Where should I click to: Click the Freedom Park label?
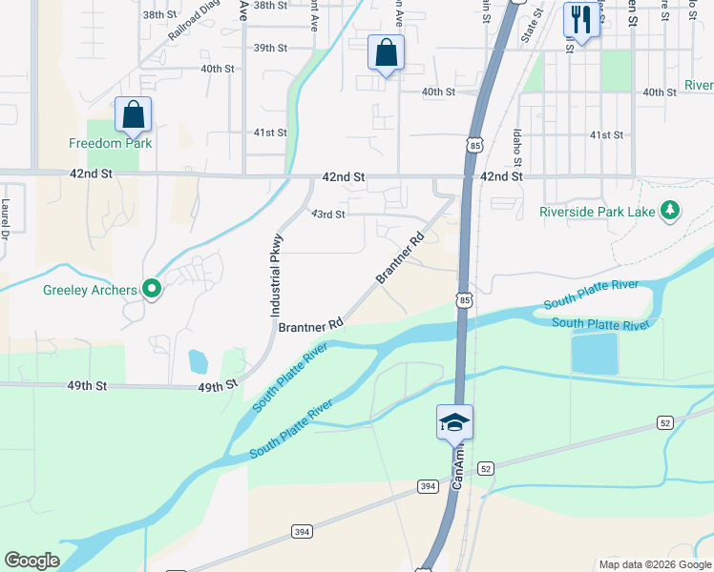[111, 143]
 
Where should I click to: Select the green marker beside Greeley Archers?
[151, 288]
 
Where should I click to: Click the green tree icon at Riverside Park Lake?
[670, 209]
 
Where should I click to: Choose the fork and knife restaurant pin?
[580, 19]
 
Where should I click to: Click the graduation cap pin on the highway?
[455, 422]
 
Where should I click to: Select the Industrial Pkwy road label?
[276, 276]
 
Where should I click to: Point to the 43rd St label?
[327, 214]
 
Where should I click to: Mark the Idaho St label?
[516, 145]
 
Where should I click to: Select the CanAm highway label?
[457, 469]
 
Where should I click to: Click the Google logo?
[32, 561]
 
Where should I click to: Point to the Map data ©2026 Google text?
[654, 564]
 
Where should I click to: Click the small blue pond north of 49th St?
[198, 361]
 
